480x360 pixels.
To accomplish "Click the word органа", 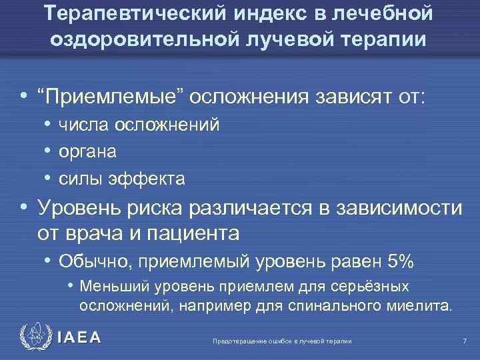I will [x=87, y=151].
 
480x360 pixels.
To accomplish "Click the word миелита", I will [x=420, y=307].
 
